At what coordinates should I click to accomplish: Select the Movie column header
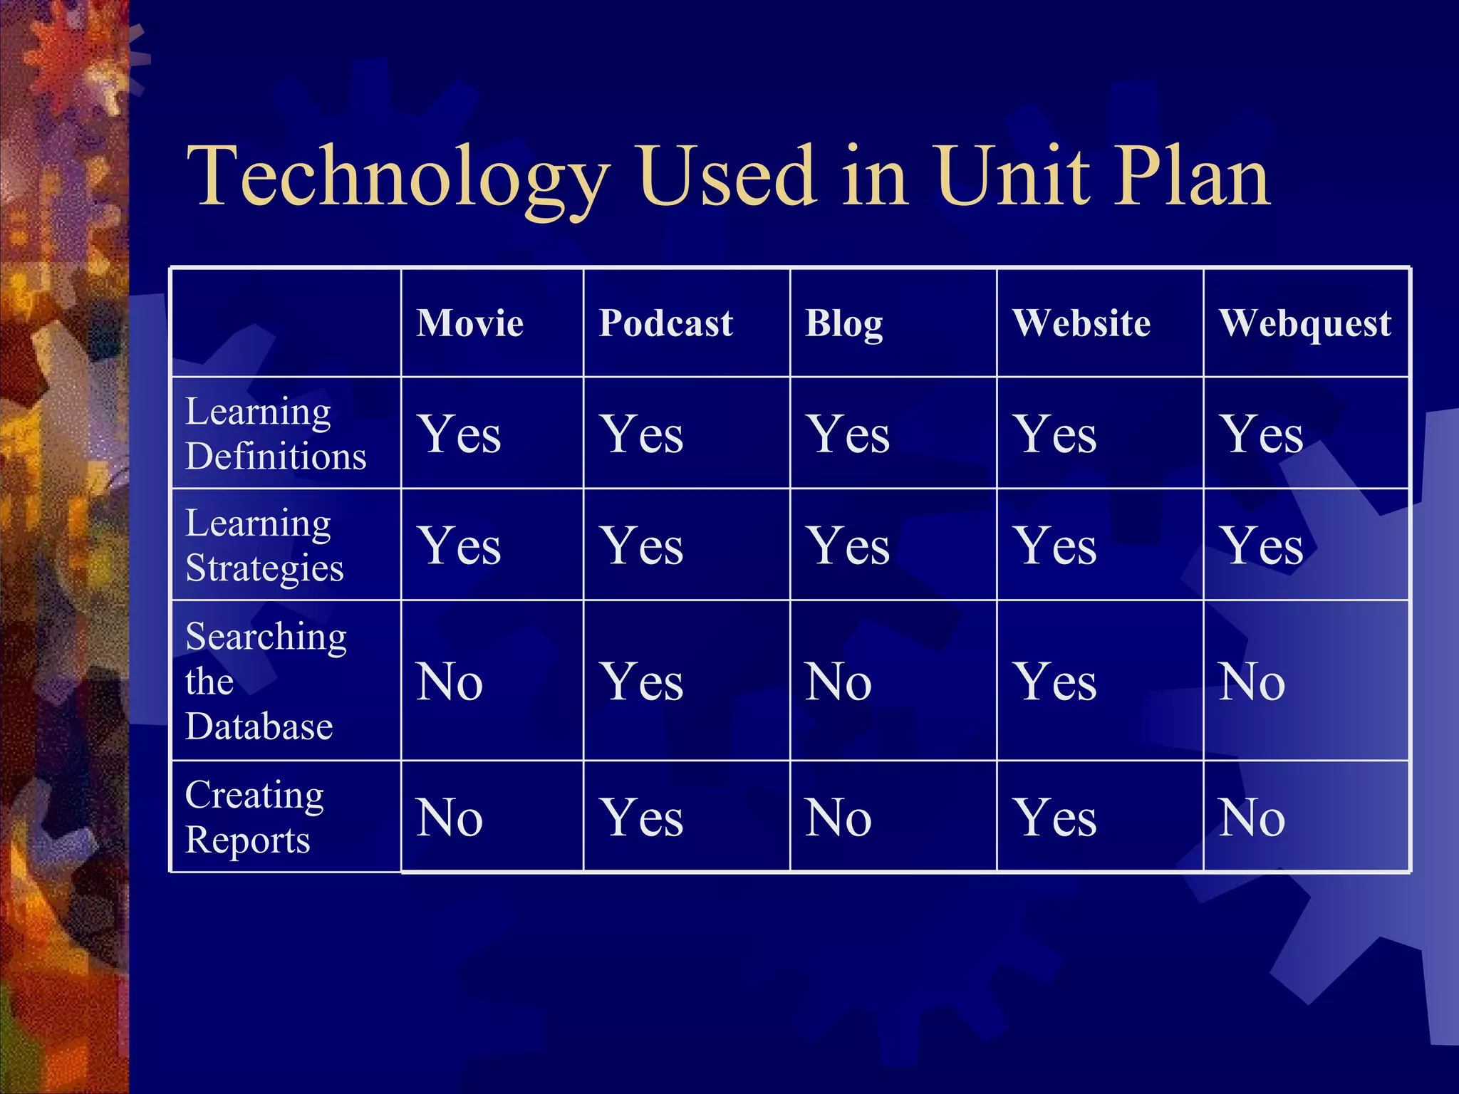pos(470,323)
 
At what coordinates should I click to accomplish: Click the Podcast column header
pos(665,323)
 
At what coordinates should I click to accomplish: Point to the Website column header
pos(1081,323)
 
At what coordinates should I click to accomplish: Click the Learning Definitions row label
pos(276,434)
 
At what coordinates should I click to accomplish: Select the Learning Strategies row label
pos(265,546)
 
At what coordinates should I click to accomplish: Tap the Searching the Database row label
pos(265,681)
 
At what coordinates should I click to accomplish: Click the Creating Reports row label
pos(254,817)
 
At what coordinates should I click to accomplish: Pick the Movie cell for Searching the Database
pos(450,682)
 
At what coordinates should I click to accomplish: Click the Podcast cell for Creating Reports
pos(642,818)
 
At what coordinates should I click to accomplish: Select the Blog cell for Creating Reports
pos(838,818)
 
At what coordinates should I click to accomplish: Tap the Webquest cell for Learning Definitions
pos(1262,434)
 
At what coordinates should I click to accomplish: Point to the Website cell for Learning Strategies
pos(1056,546)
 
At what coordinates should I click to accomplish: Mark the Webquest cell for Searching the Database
pos(1252,682)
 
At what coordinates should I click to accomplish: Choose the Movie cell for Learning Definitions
pos(459,434)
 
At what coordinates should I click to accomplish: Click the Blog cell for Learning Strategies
pos(848,546)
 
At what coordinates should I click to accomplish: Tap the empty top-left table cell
pos(286,323)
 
